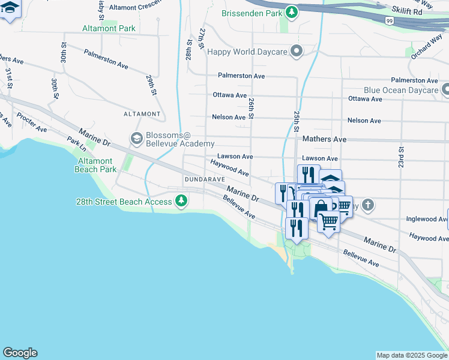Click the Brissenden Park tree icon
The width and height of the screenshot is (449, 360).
(x=292, y=12)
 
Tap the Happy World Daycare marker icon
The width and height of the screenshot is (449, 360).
(x=296, y=52)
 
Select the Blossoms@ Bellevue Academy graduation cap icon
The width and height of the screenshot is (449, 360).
(x=136, y=139)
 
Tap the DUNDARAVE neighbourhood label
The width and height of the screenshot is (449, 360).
(x=205, y=179)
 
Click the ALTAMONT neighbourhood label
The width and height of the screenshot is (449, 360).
(x=142, y=113)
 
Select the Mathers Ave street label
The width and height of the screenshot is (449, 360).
(x=325, y=139)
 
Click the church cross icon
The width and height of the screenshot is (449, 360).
(x=368, y=206)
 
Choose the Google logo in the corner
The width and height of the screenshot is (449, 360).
(x=20, y=353)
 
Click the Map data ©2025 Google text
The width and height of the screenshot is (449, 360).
(x=412, y=355)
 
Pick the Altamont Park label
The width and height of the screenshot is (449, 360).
(x=109, y=28)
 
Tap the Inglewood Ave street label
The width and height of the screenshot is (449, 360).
(x=427, y=219)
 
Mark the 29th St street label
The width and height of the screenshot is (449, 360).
(x=151, y=85)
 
